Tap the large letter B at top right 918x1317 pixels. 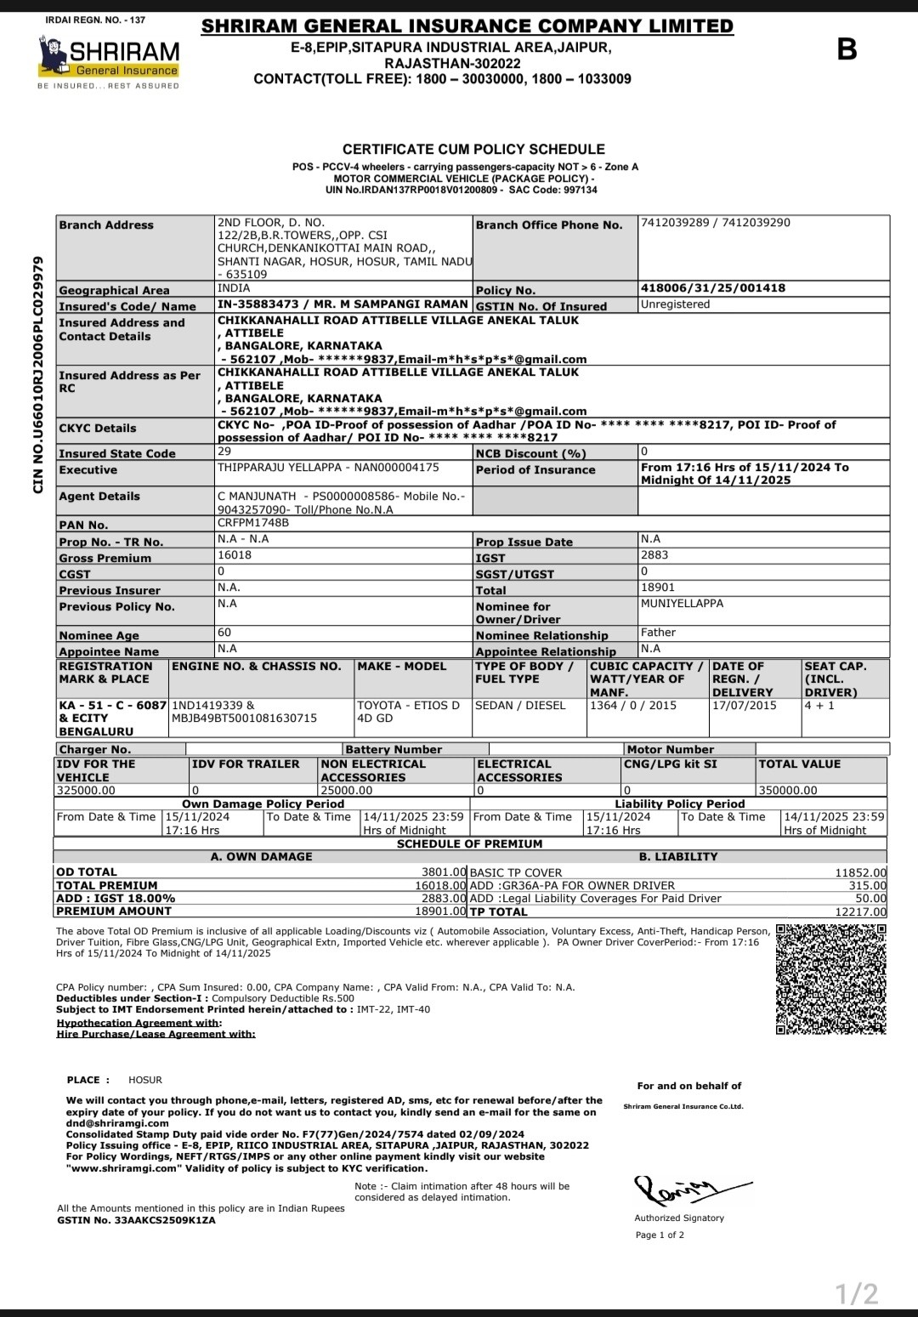click(x=847, y=50)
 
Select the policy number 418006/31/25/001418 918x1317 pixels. click(x=712, y=288)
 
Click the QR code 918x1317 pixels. click(x=830, y=979)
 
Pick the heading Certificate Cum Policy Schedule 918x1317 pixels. click(x=473, y=149)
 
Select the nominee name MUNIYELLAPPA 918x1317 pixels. click(x=682, y=603)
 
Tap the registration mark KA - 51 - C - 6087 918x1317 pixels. click(x=112, y=706)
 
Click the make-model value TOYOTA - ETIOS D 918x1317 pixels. click(x=408, y=706)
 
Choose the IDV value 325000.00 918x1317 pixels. click(x=86, y=790)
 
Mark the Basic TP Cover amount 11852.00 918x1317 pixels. click(x=860, y=872)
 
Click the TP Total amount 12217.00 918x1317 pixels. click(x=860, y=911)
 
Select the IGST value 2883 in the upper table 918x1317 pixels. click(x=654, y=555)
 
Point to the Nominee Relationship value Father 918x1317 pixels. click(x=658, y=633)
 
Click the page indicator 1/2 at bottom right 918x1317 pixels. click(x=856, y=1294)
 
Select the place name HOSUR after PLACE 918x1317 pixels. click(x=145, y=1080)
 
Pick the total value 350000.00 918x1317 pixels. click(x=788, y=790)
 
